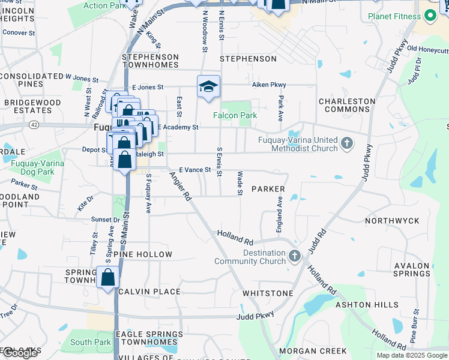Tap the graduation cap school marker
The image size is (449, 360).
208,86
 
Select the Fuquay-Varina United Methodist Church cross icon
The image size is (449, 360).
346,143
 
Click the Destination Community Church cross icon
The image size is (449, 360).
294,256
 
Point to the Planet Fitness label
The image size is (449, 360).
394,16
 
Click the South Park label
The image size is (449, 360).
90,342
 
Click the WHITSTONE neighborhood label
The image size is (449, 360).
268,293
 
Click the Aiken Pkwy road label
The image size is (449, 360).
269,85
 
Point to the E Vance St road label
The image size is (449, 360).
195,170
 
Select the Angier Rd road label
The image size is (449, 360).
179,186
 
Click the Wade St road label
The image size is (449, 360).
240,183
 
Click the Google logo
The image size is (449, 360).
19,352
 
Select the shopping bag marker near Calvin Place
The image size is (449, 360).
109,278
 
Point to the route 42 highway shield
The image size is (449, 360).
34,124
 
